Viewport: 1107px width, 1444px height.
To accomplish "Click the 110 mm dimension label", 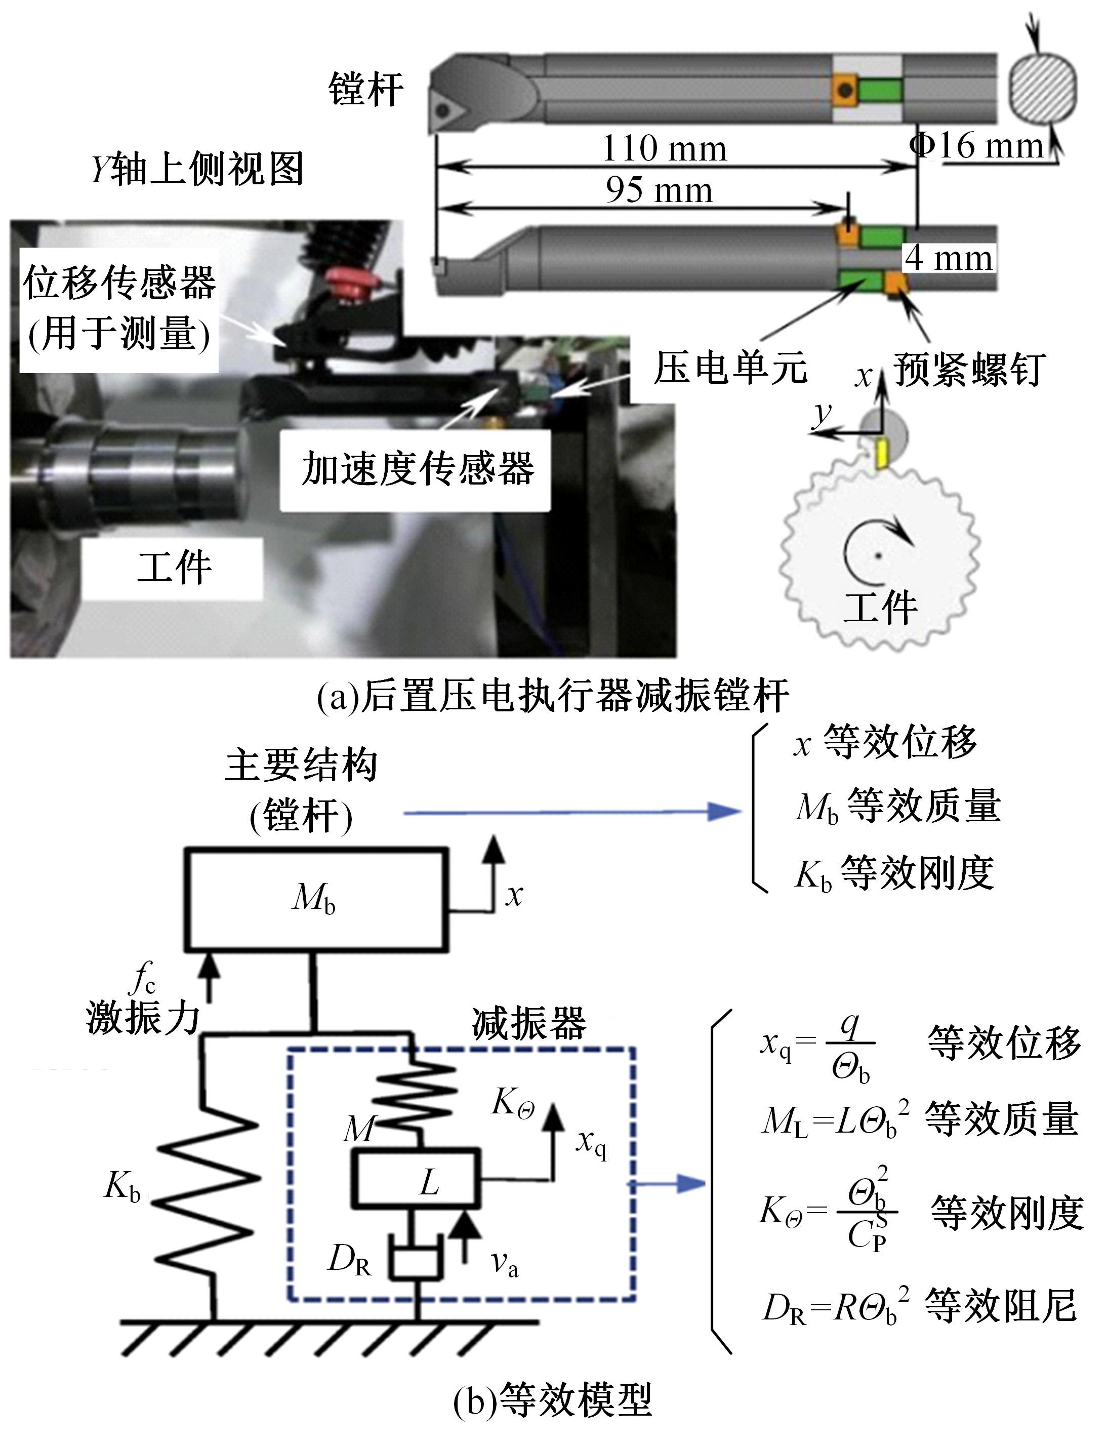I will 664,149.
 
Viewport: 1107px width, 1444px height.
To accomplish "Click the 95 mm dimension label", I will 659,191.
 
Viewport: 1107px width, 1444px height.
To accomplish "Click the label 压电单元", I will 730,368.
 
